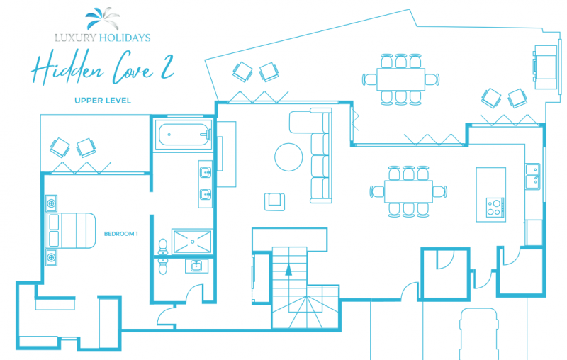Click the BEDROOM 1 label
tap(120, 234)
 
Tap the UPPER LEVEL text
tap(103, 101)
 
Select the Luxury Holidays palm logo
tap(102, 18)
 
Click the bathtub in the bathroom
tap(184, 135)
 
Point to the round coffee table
tap(288, 157)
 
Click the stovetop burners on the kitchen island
tap(495, 208)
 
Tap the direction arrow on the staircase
tap(288, 269)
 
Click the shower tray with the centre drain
tap(192, 242)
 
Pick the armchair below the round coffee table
tap(274, 202)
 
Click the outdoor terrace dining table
tap(400, 79)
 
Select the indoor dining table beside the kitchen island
tap(408, 191)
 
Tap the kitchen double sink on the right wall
tap(533, 176)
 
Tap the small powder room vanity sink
tap(196, 266)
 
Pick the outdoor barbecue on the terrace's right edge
tap(545, 67)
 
